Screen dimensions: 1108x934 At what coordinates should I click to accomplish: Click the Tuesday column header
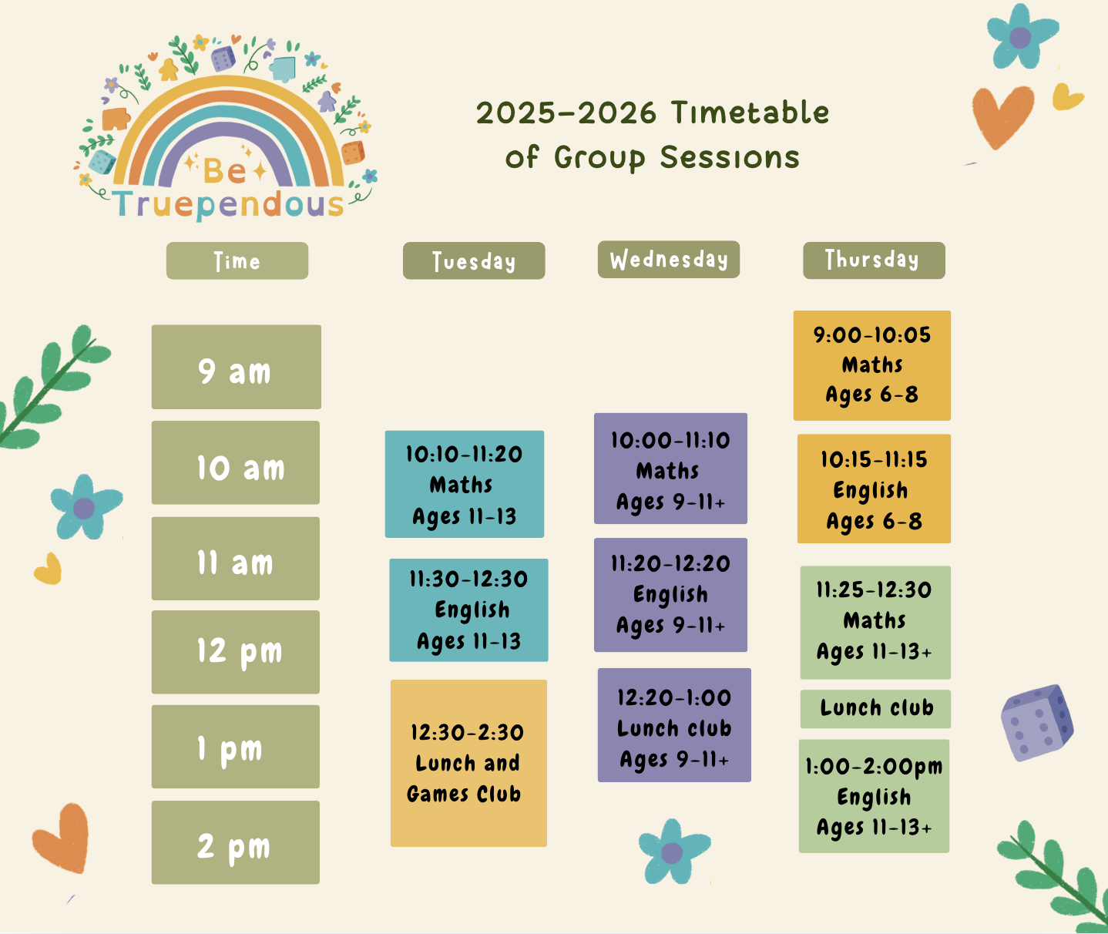coord(474,260)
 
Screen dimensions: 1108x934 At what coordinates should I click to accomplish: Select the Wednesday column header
coord(669,260)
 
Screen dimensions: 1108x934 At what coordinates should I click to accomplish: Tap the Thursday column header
coord(874,260)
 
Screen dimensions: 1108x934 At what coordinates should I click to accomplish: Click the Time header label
coord(237,260)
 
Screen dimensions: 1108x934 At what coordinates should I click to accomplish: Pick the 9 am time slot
coord(236,367)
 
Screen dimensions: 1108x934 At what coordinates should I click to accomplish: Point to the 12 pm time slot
coord(236,652)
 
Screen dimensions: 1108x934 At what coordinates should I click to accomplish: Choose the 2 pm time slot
coord(236,842)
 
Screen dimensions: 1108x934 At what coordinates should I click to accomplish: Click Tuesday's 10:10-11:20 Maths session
coord(465,484)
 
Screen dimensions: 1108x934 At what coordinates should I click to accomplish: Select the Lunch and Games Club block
coord(468,763)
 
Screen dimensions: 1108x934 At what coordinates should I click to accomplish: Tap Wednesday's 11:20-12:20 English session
coord(671,595)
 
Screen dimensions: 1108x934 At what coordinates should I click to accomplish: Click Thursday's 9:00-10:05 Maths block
coord(872,365)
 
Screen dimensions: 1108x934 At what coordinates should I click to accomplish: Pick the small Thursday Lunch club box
coord(875,709)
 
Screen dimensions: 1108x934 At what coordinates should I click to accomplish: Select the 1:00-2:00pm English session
coord(874,796)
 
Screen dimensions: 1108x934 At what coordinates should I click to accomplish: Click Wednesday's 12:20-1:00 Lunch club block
coord(674,725)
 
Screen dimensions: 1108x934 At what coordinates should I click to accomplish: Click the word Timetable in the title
coord(750,113)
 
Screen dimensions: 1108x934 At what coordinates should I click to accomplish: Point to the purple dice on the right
coord(1037,724)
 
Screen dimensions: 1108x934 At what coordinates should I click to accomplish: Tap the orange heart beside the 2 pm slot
coord(61,838)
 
